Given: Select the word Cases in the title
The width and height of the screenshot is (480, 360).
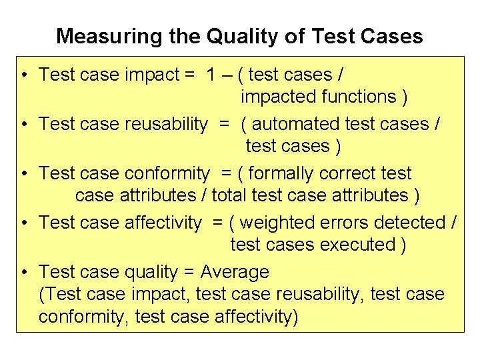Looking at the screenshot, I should click(393, 36).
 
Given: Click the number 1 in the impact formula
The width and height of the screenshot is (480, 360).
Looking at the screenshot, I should click(211, 75).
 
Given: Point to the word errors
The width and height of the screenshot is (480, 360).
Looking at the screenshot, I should click(346, 223).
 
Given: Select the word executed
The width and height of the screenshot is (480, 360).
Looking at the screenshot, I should click(358, 245).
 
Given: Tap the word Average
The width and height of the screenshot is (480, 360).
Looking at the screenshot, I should click(235, 272).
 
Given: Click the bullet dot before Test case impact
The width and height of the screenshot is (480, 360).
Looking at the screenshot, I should click(23, 75).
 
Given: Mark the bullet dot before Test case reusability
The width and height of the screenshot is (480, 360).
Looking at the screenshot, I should click(23, 125).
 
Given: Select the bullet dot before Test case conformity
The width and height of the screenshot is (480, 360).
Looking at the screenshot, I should click(23, 174).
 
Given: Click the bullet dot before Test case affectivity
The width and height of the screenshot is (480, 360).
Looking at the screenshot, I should click(23, 223).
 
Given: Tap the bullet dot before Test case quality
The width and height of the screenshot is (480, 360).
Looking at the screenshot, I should click(23, 273).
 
